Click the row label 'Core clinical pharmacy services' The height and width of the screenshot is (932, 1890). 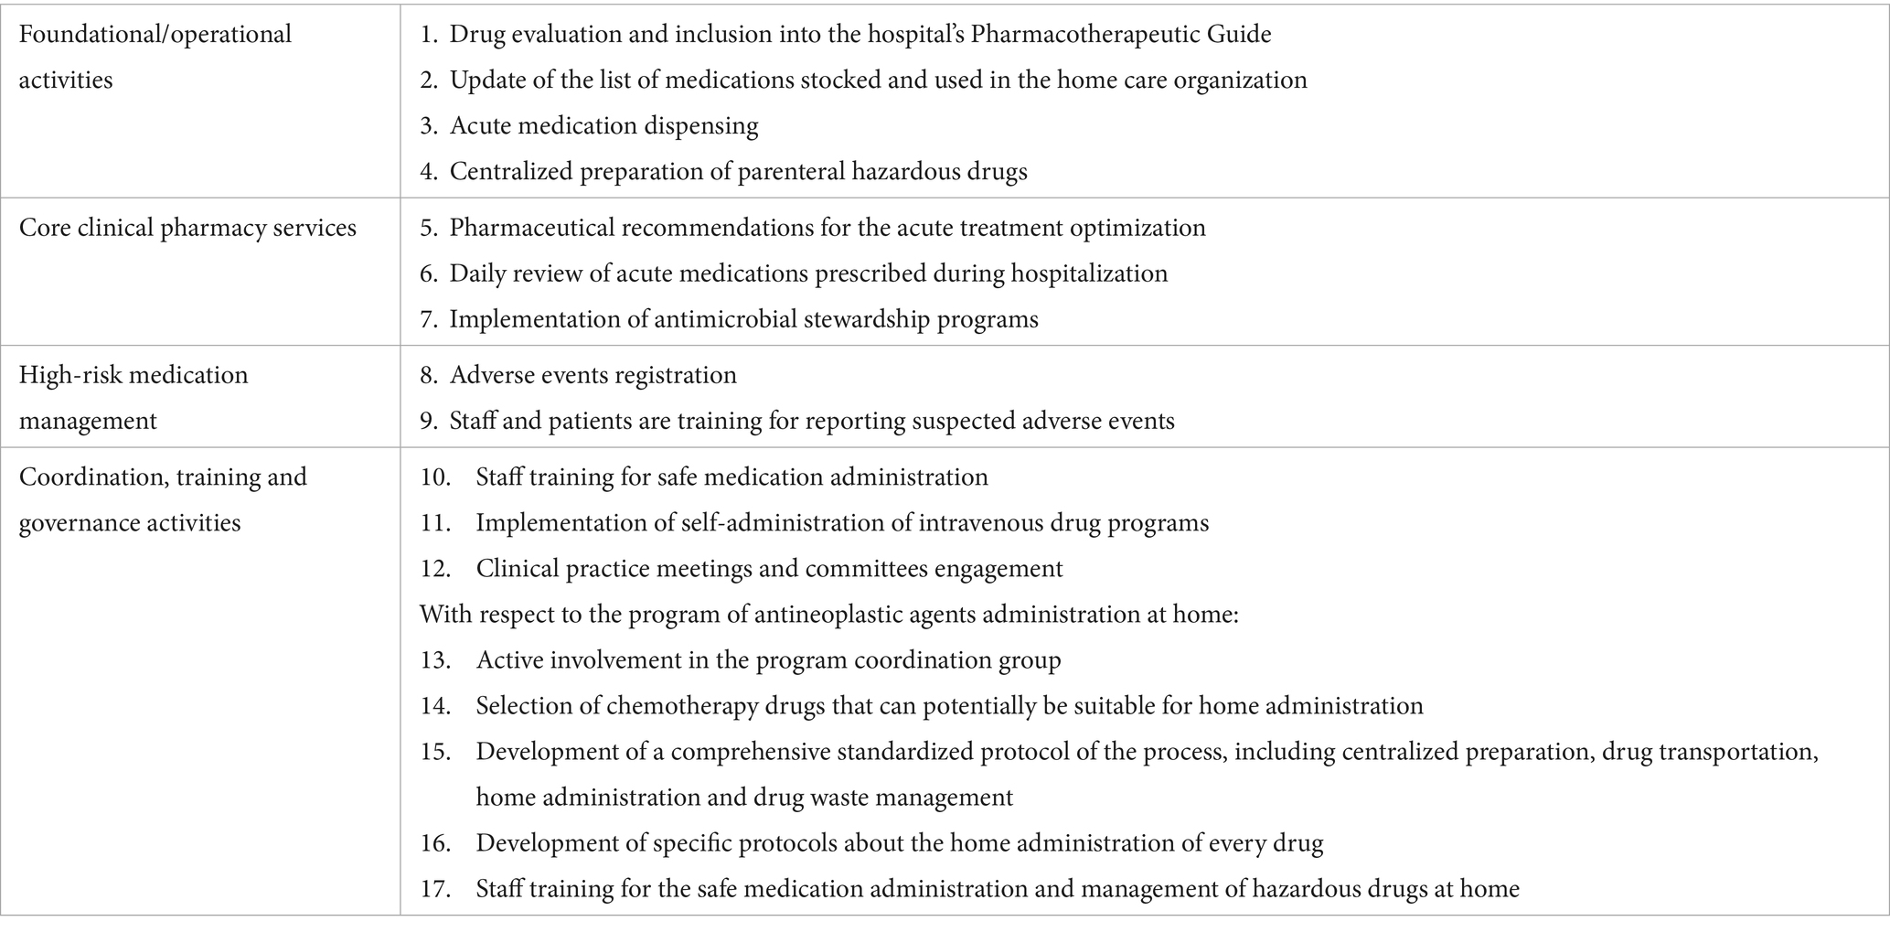coord(187,228)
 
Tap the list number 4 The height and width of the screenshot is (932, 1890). coord(429,172)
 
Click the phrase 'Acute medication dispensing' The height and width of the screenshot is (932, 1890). coord(603,126)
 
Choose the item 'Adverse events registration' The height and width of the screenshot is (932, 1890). coord(593,375)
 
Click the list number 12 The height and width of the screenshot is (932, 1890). coord(435,569)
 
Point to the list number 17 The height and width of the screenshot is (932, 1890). coord(435,889)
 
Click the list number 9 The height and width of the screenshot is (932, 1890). coord(429,421)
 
